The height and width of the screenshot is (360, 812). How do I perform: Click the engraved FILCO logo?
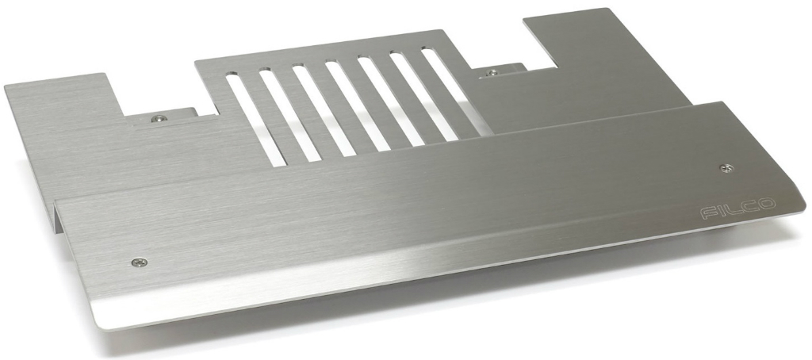[x=738, y=209]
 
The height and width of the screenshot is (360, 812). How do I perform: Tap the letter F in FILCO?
[x=709, y=213]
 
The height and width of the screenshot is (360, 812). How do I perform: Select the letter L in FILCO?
[x=733, y=209]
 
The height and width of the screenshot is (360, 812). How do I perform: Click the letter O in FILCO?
[x=767, y=204]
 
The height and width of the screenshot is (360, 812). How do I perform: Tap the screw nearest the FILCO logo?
[x=727, y=168]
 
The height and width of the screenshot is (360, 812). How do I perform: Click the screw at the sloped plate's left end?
[x=140, y=262]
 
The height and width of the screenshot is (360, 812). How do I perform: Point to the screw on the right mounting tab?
[x=493, y=72]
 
